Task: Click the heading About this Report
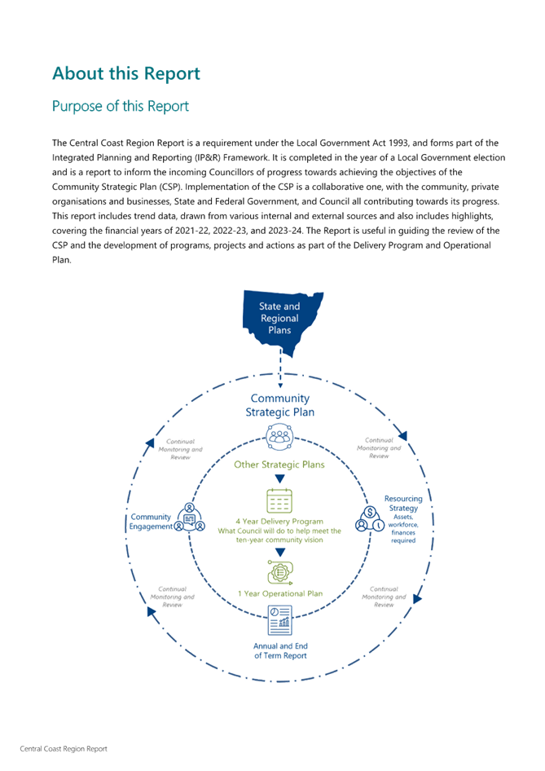coord(126,73)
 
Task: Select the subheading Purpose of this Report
coord(121,106)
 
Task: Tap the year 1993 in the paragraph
coord(398,143)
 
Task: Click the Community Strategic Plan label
coord(280,405)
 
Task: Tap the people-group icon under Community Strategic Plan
coord(279,437)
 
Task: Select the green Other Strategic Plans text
coord(279,465)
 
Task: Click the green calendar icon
coord(279,500)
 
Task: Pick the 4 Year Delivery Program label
coord(279,522)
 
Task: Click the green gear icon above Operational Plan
coord(280,572)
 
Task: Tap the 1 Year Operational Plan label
coord(280,593)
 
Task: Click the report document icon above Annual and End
coord(280,620)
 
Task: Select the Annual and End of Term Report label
coord(280,650)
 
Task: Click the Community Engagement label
coord(151,522)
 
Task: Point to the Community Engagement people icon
coord(190,518)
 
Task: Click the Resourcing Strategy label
coord(403,504)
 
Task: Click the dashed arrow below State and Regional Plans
coord(280,368)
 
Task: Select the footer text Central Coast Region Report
coord(64,749)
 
